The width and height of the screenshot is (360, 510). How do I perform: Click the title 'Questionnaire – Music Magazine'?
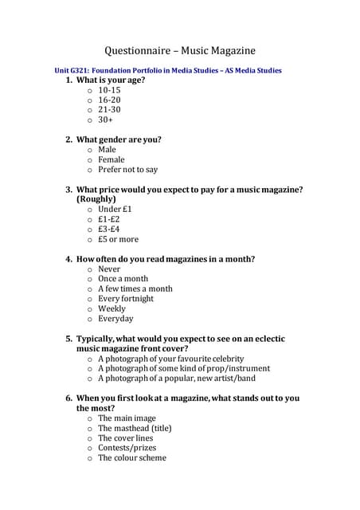click(x=180, y=51)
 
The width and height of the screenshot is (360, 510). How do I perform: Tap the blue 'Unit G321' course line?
click(x=167, y=70)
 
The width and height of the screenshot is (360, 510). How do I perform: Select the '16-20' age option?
click(x=109, y=100)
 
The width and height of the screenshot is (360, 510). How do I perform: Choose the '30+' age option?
click(x=105, y=120)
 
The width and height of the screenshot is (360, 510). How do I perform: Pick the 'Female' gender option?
click(x=112, y=159)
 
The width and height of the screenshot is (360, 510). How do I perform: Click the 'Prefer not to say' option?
click(x=127, y=170)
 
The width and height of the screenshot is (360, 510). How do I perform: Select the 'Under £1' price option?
click(x=115, y=209)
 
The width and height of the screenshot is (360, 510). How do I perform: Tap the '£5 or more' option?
click(x=118, y=239)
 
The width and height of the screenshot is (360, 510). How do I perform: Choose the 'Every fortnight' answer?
click(x=126, y=299)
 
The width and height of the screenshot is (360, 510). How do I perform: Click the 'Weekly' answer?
click(x=112, y=308)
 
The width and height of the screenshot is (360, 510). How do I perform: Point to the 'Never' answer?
click(x=110, y=269)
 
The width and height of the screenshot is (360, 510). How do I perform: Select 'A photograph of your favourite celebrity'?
click(x=170, y=359)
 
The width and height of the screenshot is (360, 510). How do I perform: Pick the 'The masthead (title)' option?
click(x=135, y=428)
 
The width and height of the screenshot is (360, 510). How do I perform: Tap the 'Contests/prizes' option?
click(x=127, y=448)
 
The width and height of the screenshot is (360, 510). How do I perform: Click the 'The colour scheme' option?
click(x=132, y=457)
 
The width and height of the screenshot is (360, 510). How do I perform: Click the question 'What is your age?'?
click(x=110, y=80)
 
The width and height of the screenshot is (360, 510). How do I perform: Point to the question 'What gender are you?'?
click(x=119, y=139)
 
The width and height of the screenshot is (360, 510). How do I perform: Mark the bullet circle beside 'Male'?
click(x=90, y=150)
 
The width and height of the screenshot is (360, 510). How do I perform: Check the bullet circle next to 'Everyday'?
click(x=90, y=319)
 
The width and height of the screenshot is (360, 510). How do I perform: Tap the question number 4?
click(x=68, y=259)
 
